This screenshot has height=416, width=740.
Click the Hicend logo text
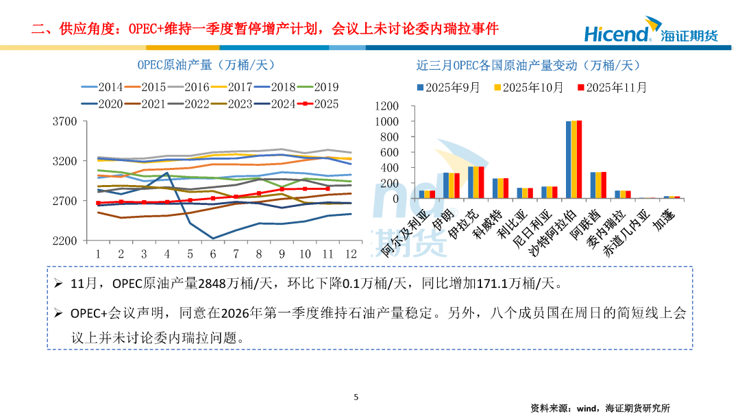point(616,32)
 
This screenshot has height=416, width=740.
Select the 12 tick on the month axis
point(350,254)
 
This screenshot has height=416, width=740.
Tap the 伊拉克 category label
point(462,223)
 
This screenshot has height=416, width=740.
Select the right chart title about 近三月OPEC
point(528,65)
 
